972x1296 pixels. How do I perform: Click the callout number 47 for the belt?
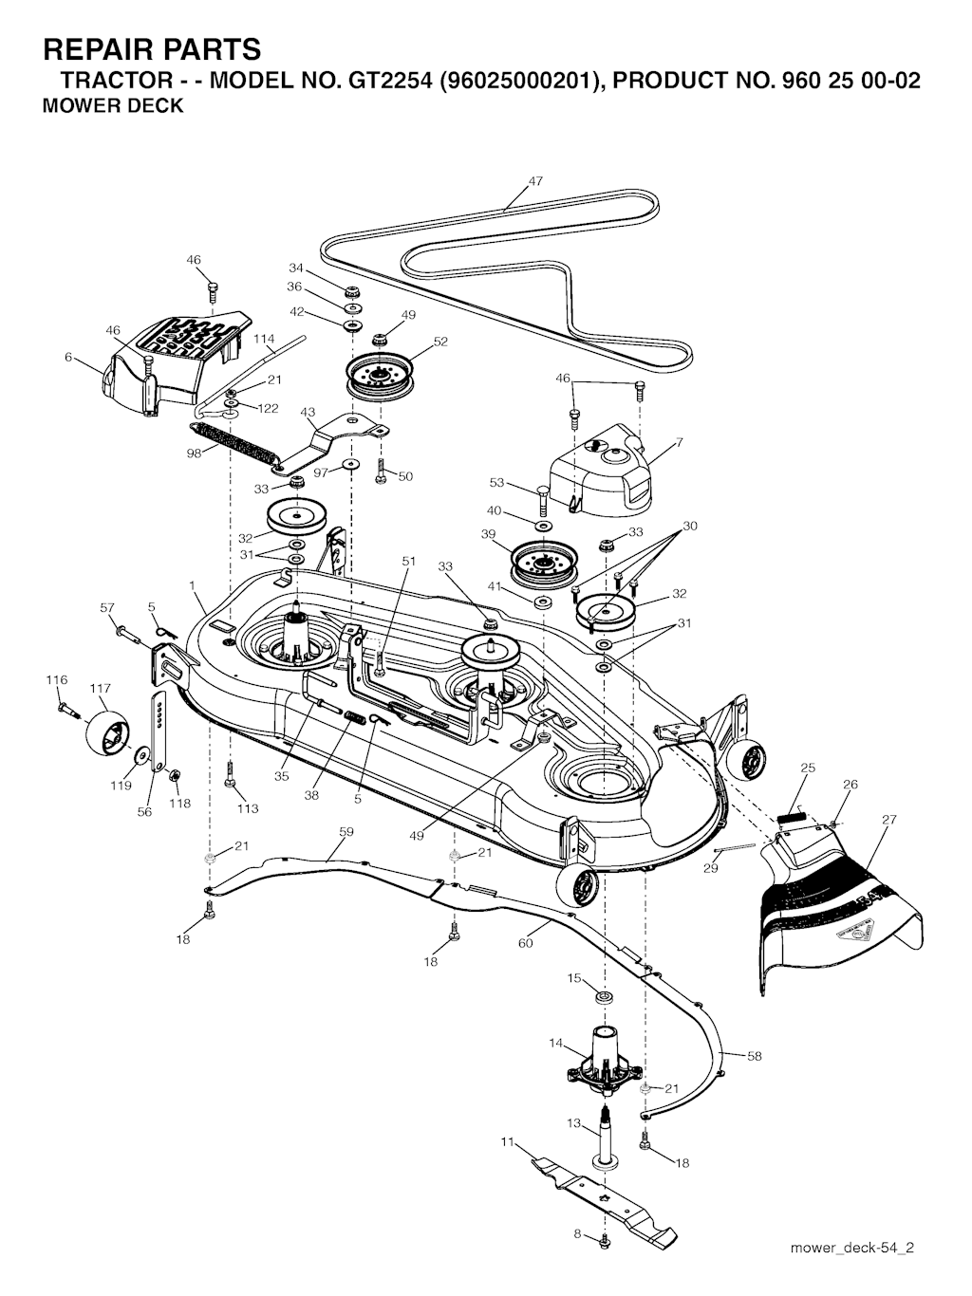pyautogui.click(x=535, y=181)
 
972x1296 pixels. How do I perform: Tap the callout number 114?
pyautogui.click(x=264, y=339)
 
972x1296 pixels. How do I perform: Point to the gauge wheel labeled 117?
pyautogui.click(x=107, y=731)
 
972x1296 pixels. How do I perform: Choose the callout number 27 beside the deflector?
pyautogui.click(x=888, y=819)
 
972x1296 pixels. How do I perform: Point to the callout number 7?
pyautogui.click(x=679, y=441)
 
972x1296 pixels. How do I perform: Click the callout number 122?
pyautogui.click(x=268, y=409)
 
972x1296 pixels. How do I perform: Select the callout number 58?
pyautogui.click(x=754, y=1056)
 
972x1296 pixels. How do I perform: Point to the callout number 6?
pyautogui.click(x=68, y=358)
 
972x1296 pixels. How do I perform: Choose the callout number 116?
pyautogui.click(x=57, y=679)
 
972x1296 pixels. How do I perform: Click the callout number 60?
pyautogui.click(x=525, y=943)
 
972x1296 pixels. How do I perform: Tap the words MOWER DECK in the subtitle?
pyautogui.click(x=113, y=105)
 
